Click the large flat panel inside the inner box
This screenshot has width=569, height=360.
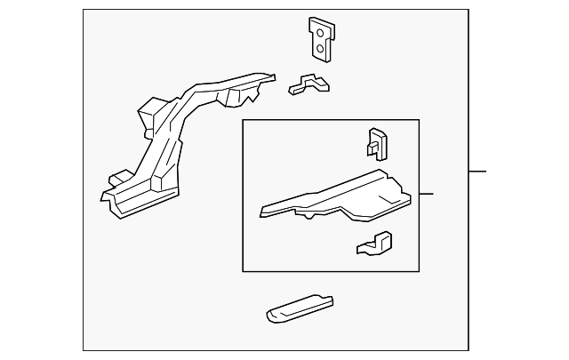tap(338, 197)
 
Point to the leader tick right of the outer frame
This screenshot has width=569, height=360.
tap(478, 171)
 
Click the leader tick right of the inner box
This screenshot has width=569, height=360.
tap(426, 194)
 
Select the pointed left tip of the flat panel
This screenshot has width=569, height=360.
tap(261, 212)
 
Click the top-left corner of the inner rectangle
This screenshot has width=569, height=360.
tap(243, 120)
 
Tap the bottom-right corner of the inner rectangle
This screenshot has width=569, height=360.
tap(419, 271)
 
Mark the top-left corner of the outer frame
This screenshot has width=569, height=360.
tap(83, 10)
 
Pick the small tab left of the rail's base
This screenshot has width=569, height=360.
tap(115, 177)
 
